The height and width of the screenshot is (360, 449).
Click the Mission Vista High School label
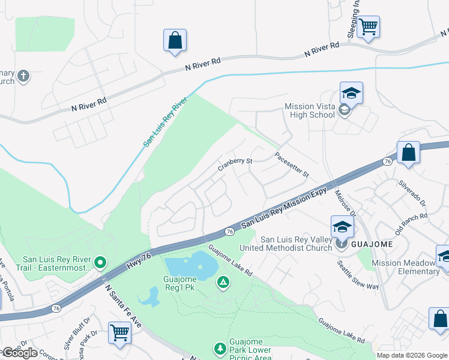pyautogui.click(x=310, y=110)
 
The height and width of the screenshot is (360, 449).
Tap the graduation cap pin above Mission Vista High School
pyautogui.click(x=351, y=93)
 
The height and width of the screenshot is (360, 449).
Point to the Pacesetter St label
pyautogui.click(x=291, y=165)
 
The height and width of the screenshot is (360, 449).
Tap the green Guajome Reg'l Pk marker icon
pyautogui.click(x=223, y=281)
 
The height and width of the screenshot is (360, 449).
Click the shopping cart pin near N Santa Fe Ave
pyautogui.click(x=119, y=332)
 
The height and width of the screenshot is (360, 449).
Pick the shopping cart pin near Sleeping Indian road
pyautogui.click(x=368, y=26)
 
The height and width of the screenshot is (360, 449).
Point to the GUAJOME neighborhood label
pyautogui.click(x=372, y=244)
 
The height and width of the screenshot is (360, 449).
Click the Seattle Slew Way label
pyautogui.click(x=357, y=275)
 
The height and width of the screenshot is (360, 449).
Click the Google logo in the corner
pyautogui.click(x=19, y=353)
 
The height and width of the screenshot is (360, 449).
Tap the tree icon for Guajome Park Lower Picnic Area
pyautogui.click(x=220, y=348)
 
